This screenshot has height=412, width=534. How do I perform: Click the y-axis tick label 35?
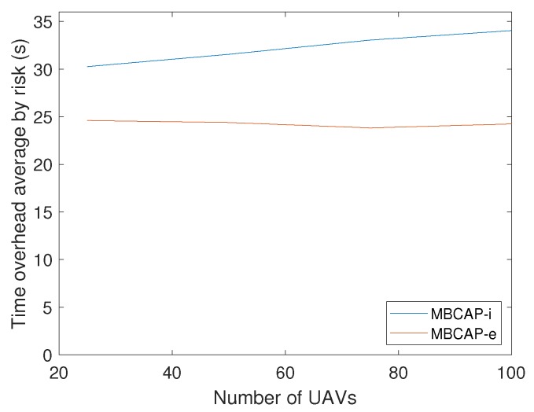(40, 22)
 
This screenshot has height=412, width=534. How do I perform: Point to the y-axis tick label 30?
(40, 69)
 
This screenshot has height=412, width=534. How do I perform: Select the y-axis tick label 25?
(40, 117)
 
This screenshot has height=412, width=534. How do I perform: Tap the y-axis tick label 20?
(40, 164)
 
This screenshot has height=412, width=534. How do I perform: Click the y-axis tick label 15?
(40, 212)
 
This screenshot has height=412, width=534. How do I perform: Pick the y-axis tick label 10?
(40, 259)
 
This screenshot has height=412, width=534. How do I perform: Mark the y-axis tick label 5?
(44, 307)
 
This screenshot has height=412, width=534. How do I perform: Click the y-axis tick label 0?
(44, 355)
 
